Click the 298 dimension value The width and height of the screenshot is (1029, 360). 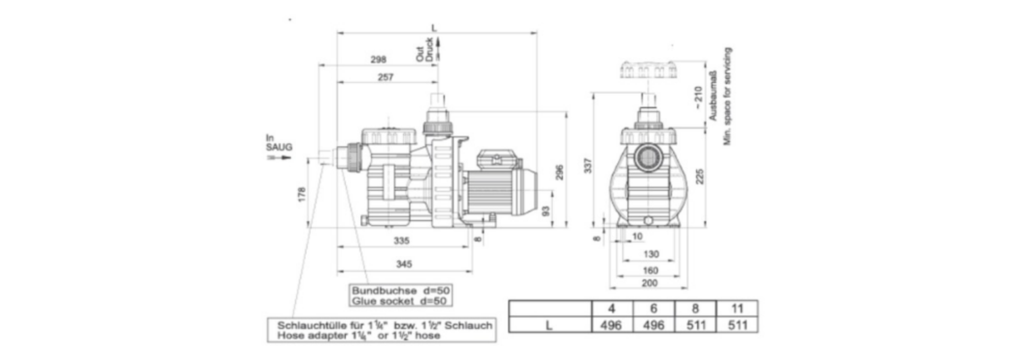click(x=378, y=60)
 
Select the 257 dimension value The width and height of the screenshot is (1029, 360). click(x=385, y=77)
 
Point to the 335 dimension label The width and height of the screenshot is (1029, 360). click(x=402, y=241)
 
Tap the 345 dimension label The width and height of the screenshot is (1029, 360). click(x=404, y=264)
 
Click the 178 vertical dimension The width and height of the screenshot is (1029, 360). click(x=302, y=194)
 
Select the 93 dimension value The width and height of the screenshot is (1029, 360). click(x=546, y=211)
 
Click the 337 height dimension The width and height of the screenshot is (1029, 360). click(x=589, y=166)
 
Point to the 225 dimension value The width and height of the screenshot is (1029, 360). click(x=699, y=176)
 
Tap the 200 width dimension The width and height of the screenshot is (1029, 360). click(x=650, y=283)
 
